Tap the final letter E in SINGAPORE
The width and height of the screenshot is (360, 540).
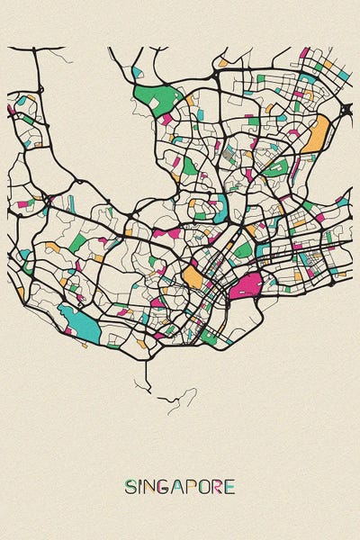point(230,487)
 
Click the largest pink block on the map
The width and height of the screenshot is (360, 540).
point(245,286)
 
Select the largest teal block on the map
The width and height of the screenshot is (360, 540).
point(78,322)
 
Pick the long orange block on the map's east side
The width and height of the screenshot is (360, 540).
point(316,135)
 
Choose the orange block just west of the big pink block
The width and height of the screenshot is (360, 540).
point(193,274)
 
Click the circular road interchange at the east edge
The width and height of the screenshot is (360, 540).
point(346,110)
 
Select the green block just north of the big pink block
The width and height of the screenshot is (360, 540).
point(243,249)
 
